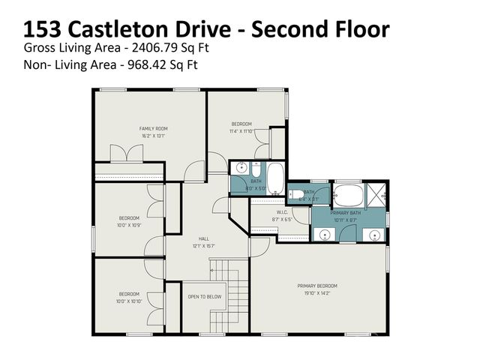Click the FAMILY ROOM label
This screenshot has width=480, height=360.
[153, 128]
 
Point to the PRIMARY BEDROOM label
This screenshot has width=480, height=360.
[317, 286]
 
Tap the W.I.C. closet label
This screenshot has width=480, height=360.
[282, 212]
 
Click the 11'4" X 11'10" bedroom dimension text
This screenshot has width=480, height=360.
[241, 130]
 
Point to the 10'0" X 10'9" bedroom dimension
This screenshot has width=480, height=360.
[128, 224]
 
